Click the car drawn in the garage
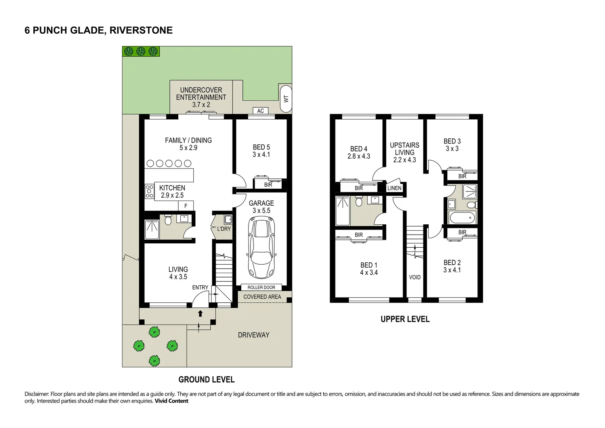click(261, 247)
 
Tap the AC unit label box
click(260, 111)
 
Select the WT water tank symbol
click(286, 99)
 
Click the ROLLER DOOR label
click(261, 287)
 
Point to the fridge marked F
click(186, 206)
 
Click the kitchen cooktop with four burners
click(149, 191)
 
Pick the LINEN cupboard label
click(394, 188)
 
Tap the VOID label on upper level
click(414, 277)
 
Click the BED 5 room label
click(261, 147)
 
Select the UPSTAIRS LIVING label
click(405, 149)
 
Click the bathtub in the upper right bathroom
click(462, 218)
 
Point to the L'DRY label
click(224, 229)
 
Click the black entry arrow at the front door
click(200, 313)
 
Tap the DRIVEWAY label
click(254, 335)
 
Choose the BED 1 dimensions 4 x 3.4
click(369, 273)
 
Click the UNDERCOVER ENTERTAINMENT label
click(201, 94)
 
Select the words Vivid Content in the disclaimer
click(171, 401)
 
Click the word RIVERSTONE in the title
click(141, 30)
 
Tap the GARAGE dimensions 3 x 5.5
click(261, 210)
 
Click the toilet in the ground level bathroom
click(168, 220)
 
